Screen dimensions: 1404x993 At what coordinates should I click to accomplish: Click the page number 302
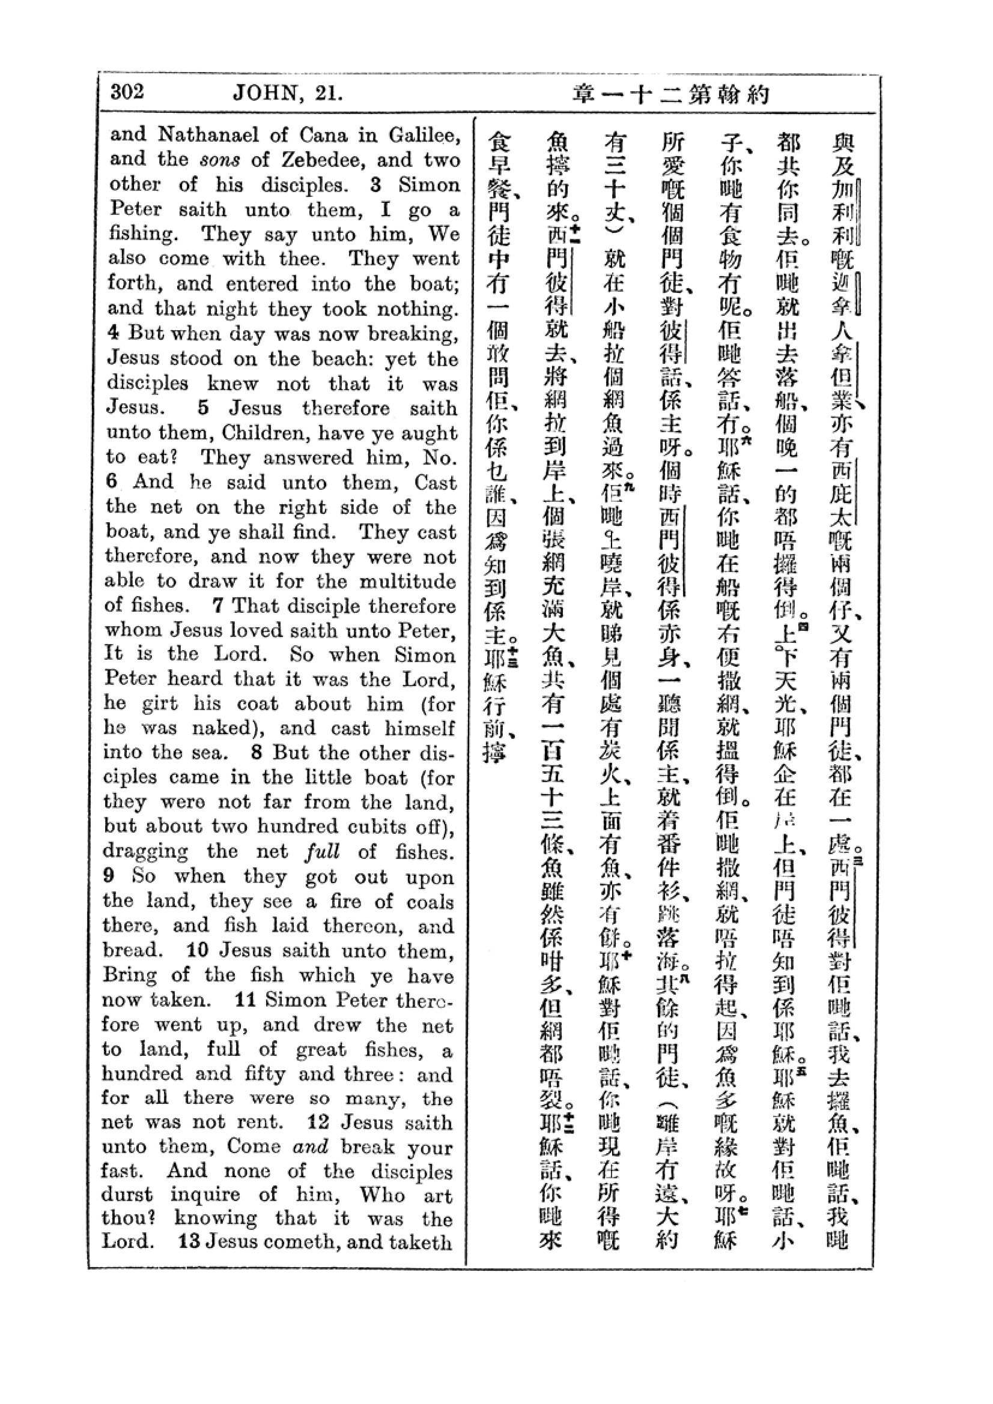tap(127, 92)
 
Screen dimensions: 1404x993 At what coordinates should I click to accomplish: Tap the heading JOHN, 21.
tap(287, 93)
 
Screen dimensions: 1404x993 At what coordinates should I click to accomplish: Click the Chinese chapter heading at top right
tap(670, 95)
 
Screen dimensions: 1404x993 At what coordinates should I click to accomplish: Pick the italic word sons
tap(220, 161)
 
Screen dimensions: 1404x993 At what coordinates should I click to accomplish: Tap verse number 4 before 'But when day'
tap(112, 333)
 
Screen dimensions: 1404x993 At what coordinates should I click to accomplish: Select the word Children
tap(263, 433)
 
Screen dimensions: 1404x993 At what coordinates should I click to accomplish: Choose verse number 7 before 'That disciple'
tap(217, 606)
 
